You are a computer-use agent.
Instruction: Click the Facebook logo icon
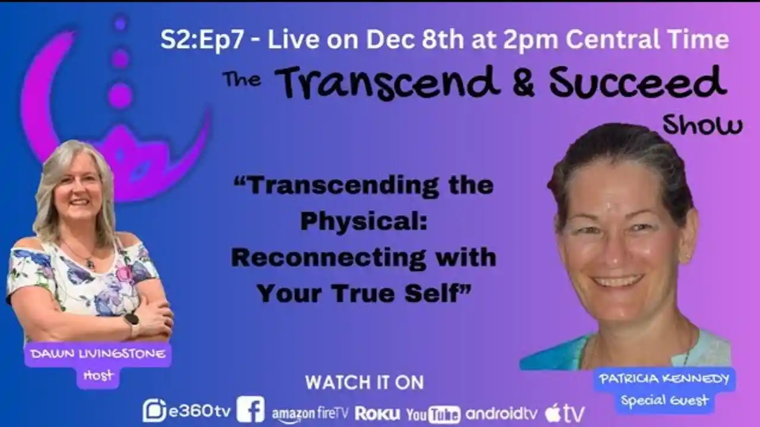point(251,410)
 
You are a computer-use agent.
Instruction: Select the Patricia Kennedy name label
point(664,379)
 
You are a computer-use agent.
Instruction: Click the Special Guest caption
point(664,400)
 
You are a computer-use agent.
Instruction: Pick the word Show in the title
point(702,125)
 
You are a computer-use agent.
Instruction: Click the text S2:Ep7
point(207,40)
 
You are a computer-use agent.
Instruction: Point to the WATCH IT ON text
point(365,383)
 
